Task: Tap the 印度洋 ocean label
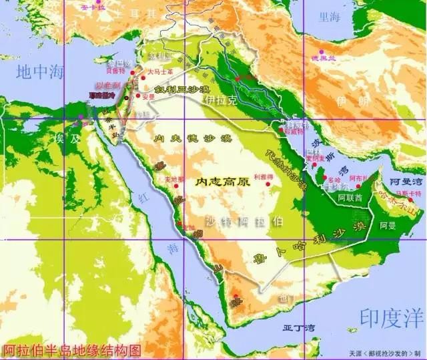pyautogui.click(x=392, y=316)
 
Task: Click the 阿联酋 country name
pyautogui.click(x=350, y=198)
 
